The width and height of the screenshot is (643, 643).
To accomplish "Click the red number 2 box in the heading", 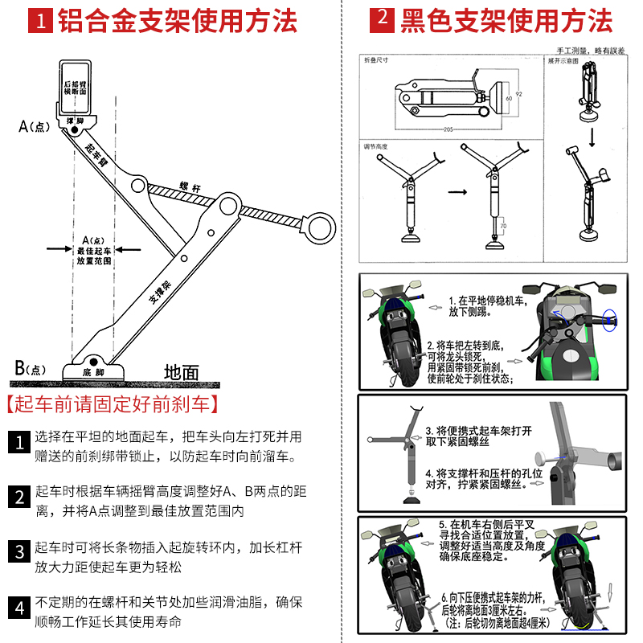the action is coord(383,20).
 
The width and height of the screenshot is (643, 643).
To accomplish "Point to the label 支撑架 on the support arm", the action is coord(160,291).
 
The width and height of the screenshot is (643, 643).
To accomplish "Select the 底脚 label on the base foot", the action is coord(93,373).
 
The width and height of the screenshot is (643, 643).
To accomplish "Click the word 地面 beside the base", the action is coord(181,372).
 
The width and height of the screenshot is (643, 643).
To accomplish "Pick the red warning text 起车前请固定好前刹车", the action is coord(113,403).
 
